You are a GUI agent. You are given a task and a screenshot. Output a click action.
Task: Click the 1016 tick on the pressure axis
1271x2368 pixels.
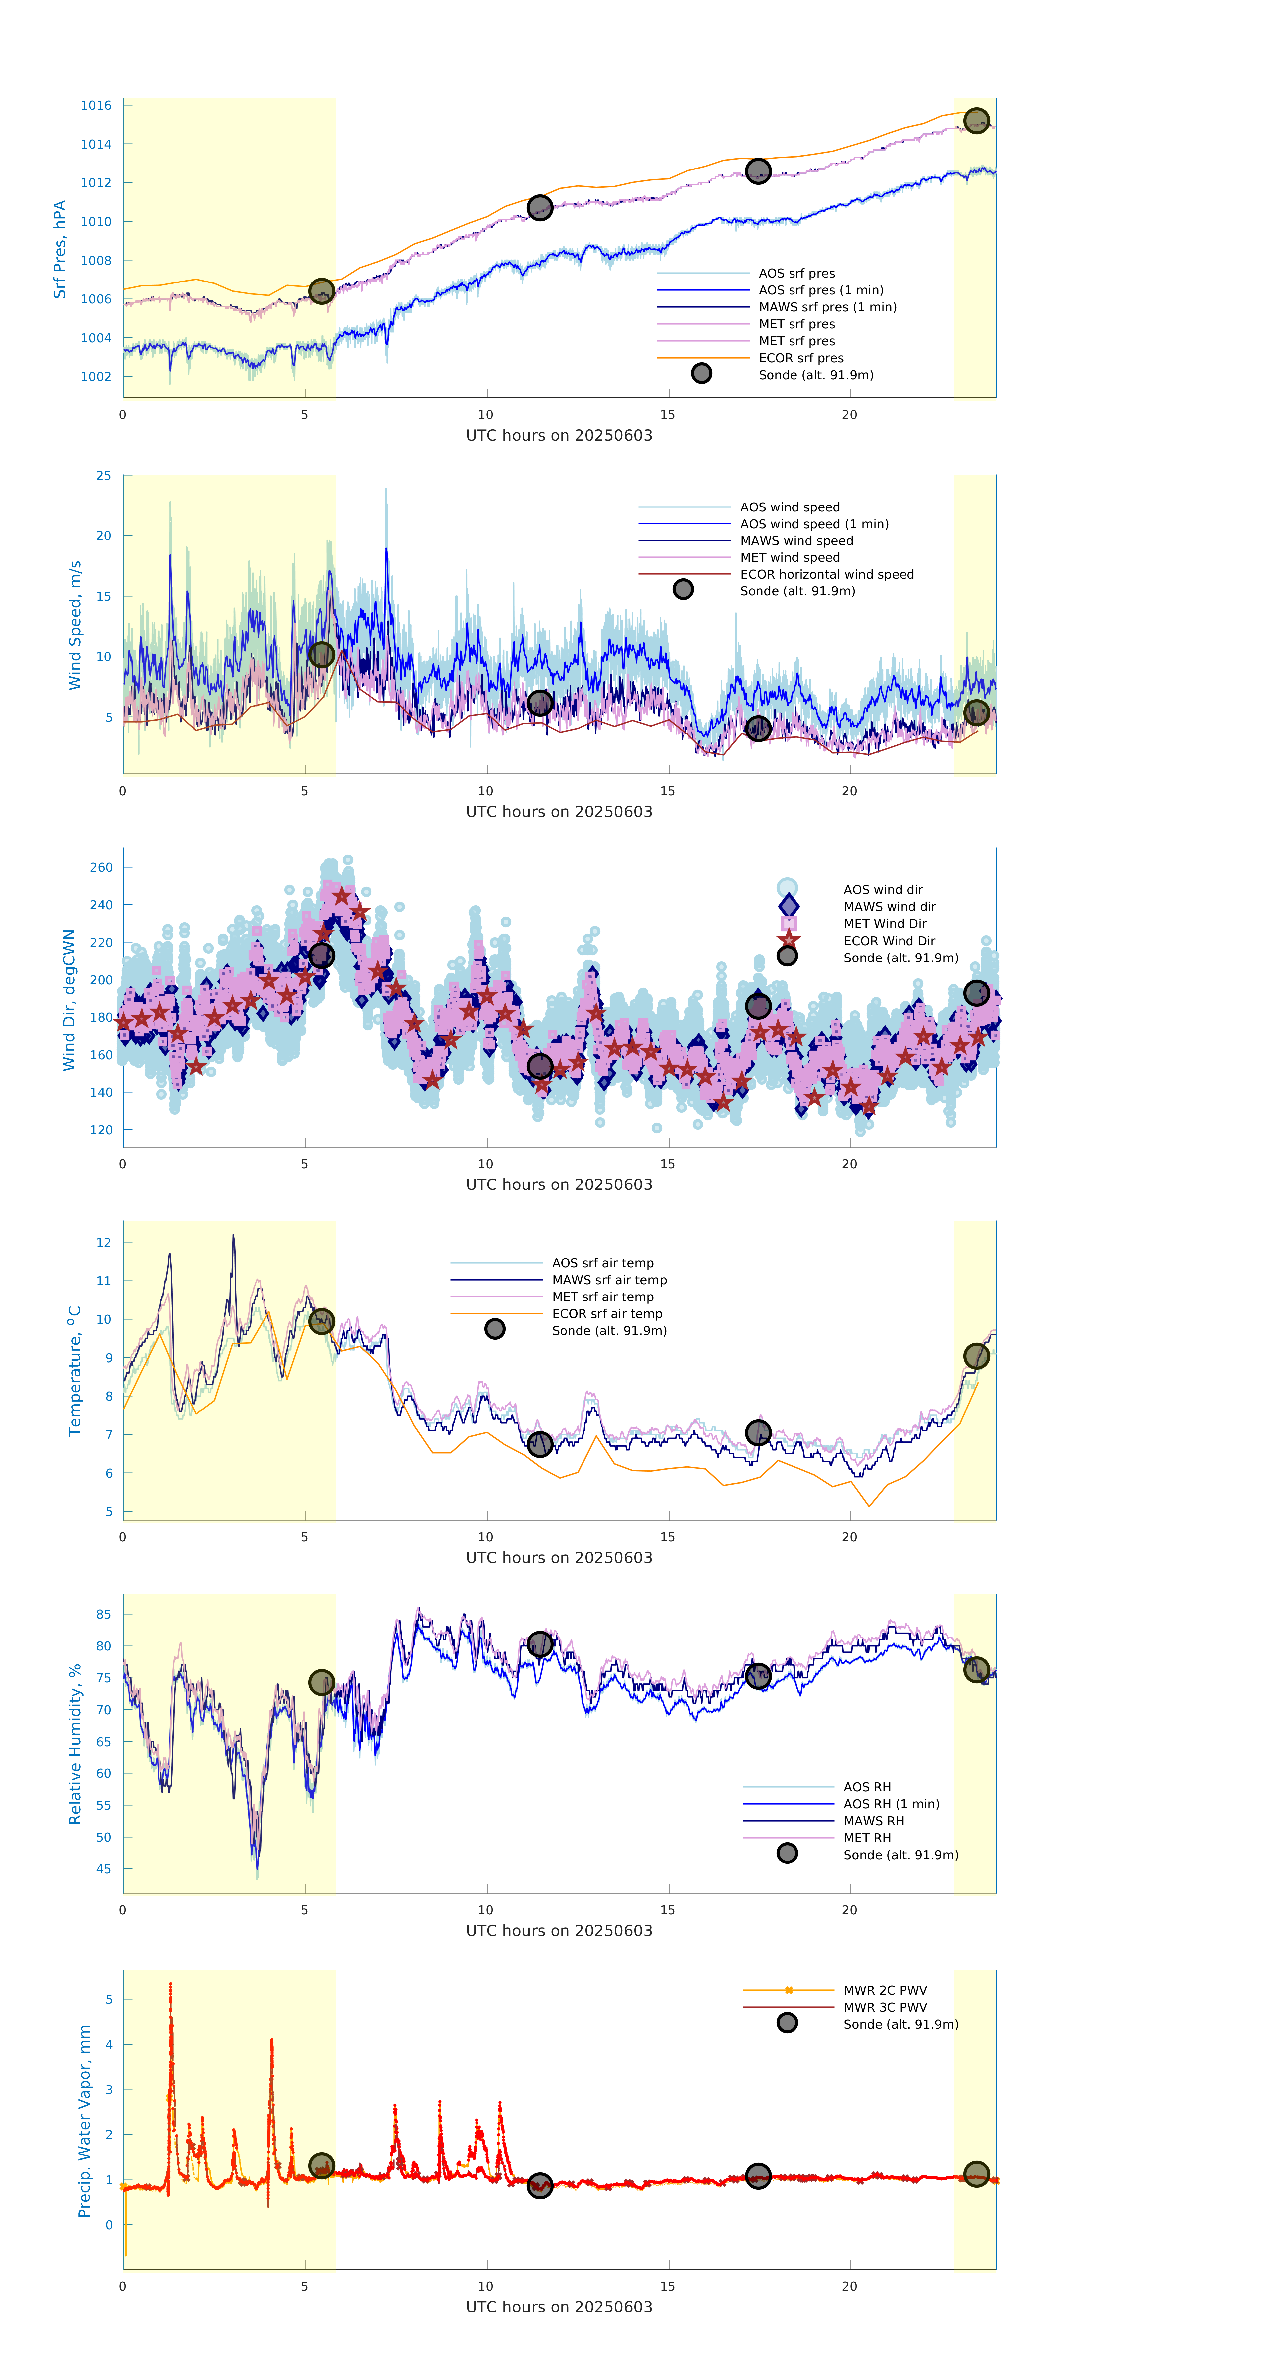[x=96, y=106]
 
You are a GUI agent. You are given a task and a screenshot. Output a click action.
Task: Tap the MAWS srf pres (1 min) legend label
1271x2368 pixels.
[x=827, y=307]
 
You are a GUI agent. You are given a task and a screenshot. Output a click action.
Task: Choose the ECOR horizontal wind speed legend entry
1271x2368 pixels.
[x=826, y=575]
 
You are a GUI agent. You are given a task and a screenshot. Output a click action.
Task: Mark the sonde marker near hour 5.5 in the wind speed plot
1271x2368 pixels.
[x=321, y=654]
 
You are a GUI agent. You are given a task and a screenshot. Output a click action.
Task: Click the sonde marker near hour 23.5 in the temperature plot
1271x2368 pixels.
[x=976, y=1356]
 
